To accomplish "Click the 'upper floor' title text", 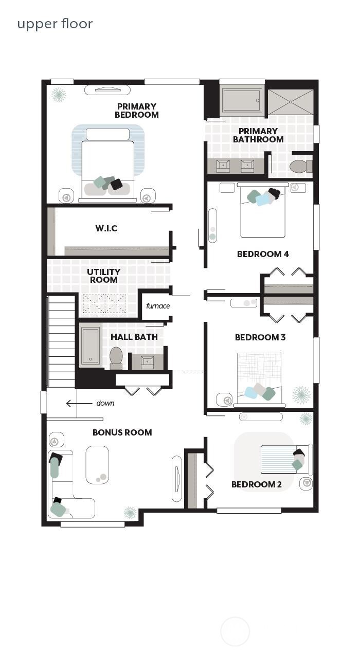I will click(55, 24).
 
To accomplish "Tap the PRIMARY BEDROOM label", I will click(136, 111).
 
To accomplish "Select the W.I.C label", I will click(106, 228).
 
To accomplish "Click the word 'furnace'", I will click(158, 306).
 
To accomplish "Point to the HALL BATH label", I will click(134, 337).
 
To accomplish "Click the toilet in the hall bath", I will click(116, 357).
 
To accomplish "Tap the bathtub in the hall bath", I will click(91, 346).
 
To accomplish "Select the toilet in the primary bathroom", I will click(300, 166).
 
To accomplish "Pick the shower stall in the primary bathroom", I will click(291, 102).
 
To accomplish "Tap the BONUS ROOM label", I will click(122, 432).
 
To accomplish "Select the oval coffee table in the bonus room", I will click(97, 464).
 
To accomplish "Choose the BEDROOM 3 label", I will click(260, 337).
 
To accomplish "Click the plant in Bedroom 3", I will click(301, 395).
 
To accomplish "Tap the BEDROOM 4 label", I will click(263, 254).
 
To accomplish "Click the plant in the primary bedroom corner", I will click(58, 95).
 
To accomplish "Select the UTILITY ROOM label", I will click(103, 276).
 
